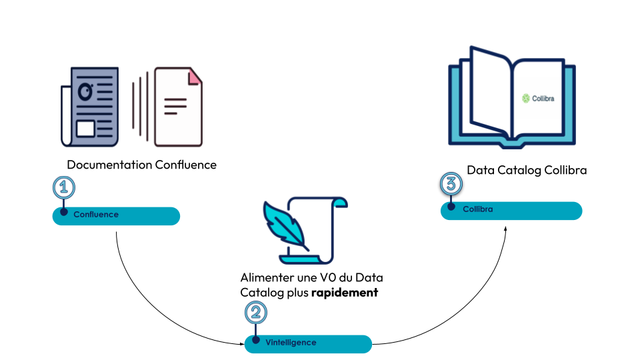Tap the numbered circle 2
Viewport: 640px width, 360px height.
click(256, 312)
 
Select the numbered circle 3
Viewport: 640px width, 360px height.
click(451, 183)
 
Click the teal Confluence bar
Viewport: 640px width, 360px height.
click(117, 216)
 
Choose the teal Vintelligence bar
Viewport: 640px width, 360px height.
click(308, 343)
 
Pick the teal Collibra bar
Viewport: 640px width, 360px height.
click(511, 211)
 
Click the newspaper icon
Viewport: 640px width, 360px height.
click(90, 107)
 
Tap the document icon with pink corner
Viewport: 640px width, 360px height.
click(178, 107)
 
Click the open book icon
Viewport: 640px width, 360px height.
click(511, 97)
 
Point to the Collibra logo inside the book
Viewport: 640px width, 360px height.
click(538, 99)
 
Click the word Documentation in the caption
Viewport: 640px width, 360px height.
click(109, 165)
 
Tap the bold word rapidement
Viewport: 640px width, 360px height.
click(345, 292)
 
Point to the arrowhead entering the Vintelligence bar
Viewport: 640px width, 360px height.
click(242, 344)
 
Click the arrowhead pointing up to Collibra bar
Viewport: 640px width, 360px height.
click(505, 228)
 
